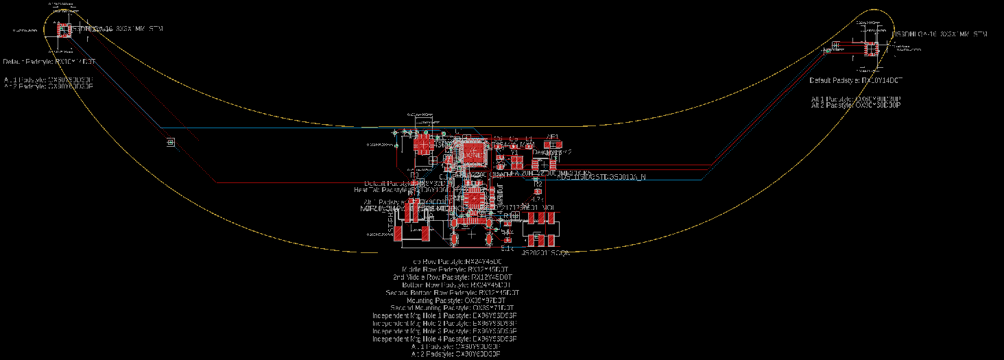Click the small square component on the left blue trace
[170, 142]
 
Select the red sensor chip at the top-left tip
[64, 29]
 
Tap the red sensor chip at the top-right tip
[870, 49]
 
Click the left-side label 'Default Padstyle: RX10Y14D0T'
[49, 62]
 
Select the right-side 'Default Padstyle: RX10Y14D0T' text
[856, 81]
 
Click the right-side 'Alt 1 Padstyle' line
[855, 99]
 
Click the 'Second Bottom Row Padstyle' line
[452, 293]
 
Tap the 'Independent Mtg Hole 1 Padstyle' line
[444, 315]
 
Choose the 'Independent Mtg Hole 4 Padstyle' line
[444, 339]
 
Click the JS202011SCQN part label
[547, 254]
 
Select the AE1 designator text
[553, 137]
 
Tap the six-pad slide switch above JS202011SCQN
[542, 229]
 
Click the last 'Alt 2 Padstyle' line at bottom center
[455, 355]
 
